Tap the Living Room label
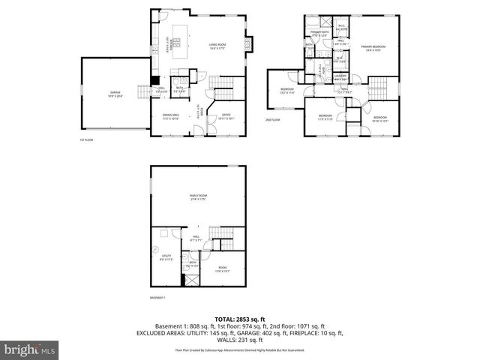click(217, 46)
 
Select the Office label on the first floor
click(225, 115)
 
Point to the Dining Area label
click(171, 116)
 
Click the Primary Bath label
click(319, 34)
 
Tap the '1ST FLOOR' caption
click(87, 140)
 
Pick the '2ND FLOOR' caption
click(272, 120)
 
